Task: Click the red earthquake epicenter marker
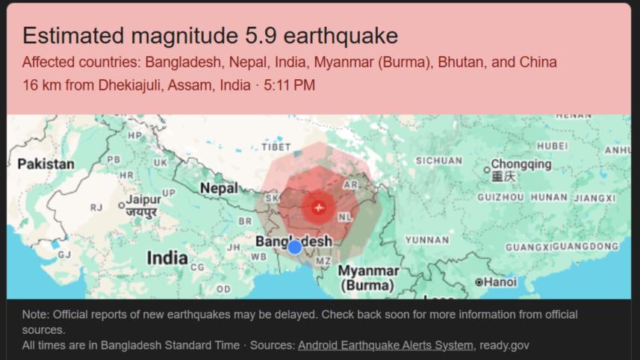(x=319, y=207)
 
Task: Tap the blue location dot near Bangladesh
(x=295, y=247)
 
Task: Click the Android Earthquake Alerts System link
(x=385, y=345)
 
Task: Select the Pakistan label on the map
(x=46, y=164)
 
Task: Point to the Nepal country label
(x=218, y=188)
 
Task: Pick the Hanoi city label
(x=500, y=282)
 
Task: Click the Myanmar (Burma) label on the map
(x=368, y=277)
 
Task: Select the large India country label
(x=167, y=258)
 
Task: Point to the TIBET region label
(x=276, y=147)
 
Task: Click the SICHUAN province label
(x=438, y=161)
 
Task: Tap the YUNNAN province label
(x=427, y=240)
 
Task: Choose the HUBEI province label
(x=552, y=146)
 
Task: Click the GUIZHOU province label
(x=500, y=198)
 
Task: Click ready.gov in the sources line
(x=505, y=345)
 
